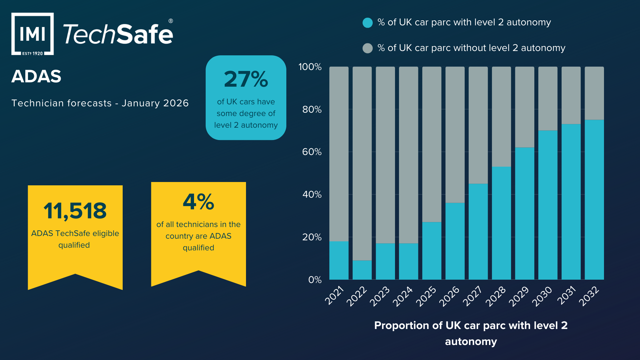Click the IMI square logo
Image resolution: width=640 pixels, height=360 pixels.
click(x=32, y=34)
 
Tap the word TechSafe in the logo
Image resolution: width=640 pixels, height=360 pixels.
click(x=118, y=34)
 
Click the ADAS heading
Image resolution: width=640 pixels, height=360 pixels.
click(x=36, y=76)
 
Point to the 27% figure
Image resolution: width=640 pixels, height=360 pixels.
click(x=246, y=79)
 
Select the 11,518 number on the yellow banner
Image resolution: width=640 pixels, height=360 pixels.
click(x=75, y=211)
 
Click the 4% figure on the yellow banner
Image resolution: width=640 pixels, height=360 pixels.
click(x=198, y=202)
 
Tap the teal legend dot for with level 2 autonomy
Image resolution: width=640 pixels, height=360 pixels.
click(x=367, y=23)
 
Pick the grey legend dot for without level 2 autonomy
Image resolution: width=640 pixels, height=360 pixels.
click(x=367, y=48)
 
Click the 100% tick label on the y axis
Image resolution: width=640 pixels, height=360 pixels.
click(x=310, y=67)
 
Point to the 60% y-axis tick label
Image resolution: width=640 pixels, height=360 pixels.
click(x=312, y=152)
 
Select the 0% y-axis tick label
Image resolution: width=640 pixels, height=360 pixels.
click(x=315, y=280)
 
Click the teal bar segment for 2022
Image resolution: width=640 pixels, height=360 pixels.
click(x=362, y=270)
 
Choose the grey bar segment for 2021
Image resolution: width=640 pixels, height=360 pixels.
click(x=339, y=154)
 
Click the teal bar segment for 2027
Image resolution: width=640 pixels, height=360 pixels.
click(x=478, y=231)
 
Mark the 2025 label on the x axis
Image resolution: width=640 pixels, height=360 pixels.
click(x=426, y=296)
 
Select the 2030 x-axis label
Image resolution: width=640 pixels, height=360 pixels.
click(x=542, y=296)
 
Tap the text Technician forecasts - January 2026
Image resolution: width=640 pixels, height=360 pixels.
click(x=100, y=103)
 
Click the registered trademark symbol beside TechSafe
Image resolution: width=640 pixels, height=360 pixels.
click(x=171, y=21)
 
